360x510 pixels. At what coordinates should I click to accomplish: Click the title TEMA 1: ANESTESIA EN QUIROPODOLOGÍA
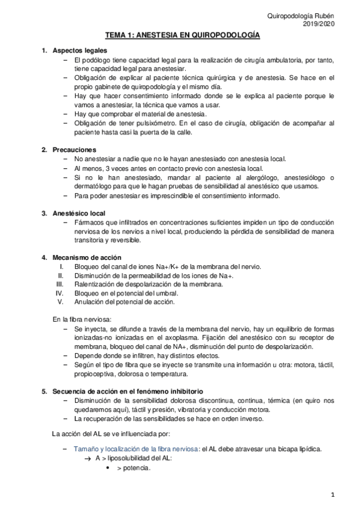(x=183, y=36)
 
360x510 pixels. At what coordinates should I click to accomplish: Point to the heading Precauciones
(x=74, y=149)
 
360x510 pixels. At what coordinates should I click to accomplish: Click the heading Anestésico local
(x=79, y=213)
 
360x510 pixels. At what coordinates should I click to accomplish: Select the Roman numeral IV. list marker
(x=59, y=293)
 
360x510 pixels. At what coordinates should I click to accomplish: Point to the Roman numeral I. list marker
(x=62, y=266)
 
